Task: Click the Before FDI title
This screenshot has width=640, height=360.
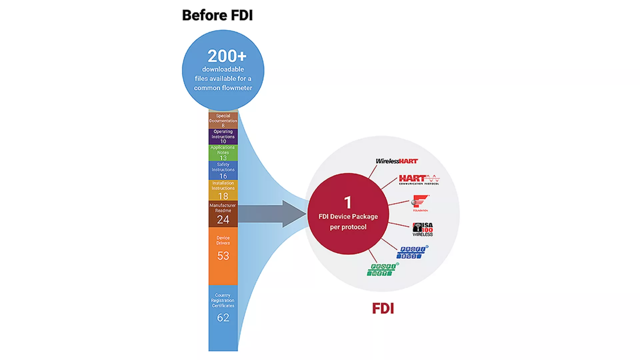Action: [217, 15]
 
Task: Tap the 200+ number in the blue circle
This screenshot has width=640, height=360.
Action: [227, 56]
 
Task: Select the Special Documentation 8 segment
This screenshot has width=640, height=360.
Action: [223, 121]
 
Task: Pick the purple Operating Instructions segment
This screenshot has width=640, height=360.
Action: [223, 136]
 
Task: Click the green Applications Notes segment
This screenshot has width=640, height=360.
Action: [223, 153]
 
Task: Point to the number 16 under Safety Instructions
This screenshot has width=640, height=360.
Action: [223, 176]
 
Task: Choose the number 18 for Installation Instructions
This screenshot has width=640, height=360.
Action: [223, 196]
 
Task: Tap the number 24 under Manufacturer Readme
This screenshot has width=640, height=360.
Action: [223, 219]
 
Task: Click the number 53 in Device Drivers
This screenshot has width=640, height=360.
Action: [223, 256]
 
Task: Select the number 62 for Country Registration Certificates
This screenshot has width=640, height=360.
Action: [223, 317]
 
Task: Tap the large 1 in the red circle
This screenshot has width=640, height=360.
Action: [348, 202]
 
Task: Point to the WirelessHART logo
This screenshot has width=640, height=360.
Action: [397, 161]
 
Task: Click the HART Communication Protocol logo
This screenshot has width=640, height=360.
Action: [419, 180]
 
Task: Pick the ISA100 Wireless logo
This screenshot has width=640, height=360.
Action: [423, 229]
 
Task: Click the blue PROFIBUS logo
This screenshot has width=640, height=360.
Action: [412, 253]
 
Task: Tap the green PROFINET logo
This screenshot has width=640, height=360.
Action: [382, 270]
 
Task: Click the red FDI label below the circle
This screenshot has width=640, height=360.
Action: [383, 308]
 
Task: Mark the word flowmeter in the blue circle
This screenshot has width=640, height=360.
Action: [237, 88]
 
